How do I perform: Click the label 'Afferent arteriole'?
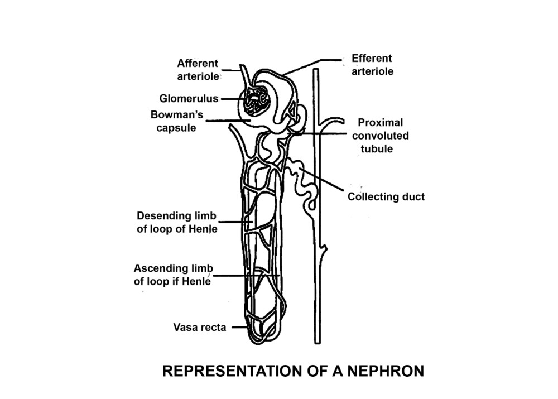198,70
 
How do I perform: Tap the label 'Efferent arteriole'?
372,65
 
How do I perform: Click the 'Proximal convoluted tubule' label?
383,136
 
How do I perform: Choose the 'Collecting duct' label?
386,196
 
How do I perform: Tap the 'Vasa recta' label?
199,328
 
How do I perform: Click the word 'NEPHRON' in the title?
383,371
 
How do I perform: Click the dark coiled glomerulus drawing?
257,103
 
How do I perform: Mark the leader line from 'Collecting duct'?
324,181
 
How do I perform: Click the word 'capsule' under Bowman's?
176,128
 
